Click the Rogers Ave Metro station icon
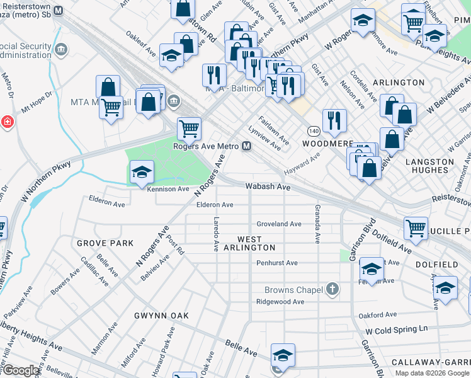tap(247, 146)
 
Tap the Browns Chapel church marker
tap(332, 290)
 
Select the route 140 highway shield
tap(314, 130)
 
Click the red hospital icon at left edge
tap(6, 122)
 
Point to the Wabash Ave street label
tap(268, 187)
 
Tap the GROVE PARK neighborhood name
tap(105, 243)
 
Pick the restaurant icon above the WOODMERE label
tap(334, 119)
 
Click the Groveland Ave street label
tap(279, 224)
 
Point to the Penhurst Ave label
tap(277, 263)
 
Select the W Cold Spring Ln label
tap(396, 329)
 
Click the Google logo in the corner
tap(21, 370)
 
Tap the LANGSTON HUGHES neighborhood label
tap(429, 166)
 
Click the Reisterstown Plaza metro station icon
tap(59, 11)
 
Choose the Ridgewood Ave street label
tap(280, 302)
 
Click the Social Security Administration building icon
tap(61, 50)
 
